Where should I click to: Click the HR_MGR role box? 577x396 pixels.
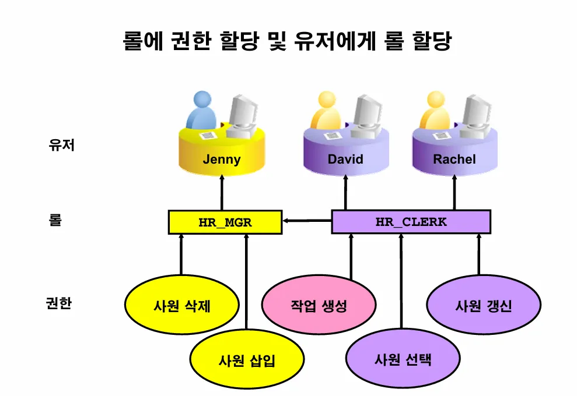tap(225, 222)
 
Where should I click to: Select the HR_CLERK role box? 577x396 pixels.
tap(411, 222)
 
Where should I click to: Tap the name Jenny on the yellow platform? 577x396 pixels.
tap(222, 160)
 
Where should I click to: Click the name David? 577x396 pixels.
tap(345, 160)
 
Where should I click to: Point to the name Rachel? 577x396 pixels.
tap(454, 159)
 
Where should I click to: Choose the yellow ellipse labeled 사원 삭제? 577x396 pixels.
tap(182, 306)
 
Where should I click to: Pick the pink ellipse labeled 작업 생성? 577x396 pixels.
tap(319, 306)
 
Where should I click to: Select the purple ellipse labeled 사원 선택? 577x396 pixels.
tap(403, 359)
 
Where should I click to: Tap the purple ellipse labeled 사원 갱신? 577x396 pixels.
tap(483, 306)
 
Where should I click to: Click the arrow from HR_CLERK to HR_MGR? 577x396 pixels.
tap(307, 221)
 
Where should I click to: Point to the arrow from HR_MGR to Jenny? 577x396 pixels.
tap(222, 192)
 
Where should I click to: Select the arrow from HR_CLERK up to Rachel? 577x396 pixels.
tap(455, 192)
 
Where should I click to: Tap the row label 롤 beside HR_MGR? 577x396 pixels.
tap(55, 221)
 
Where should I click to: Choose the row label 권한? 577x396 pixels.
tap(58, 303)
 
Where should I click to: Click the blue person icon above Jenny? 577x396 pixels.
tap(201, 111)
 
